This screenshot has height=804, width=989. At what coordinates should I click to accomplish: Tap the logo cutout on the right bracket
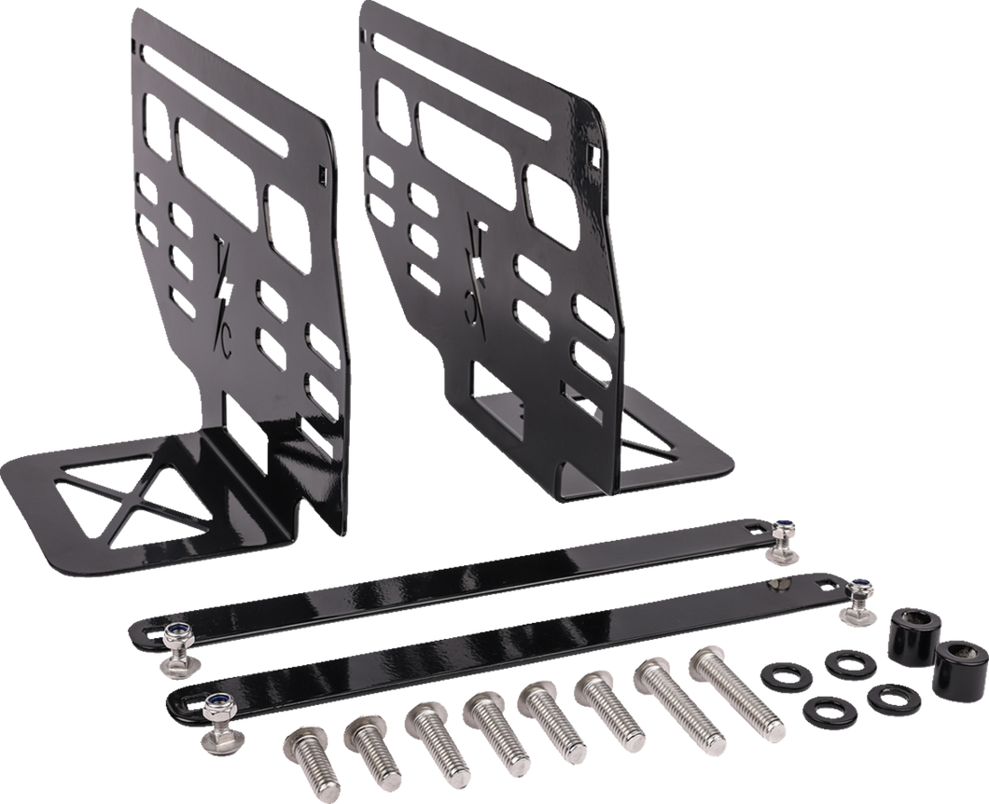(476, 270)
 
